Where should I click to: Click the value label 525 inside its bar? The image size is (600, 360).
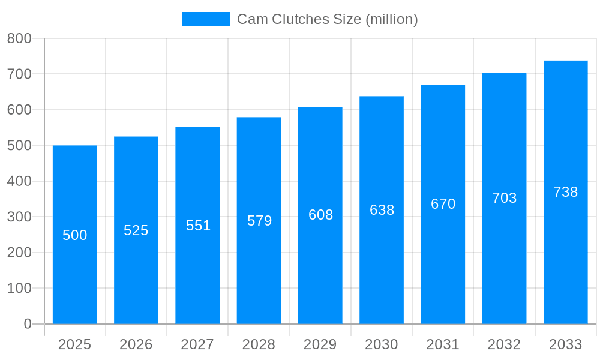tap(136, 230)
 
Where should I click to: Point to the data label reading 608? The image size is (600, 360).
tap(320, 215)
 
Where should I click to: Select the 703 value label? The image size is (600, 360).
tap(504, 198)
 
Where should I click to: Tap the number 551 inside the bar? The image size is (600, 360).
tap(198, 226)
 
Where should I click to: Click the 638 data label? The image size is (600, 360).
tap(382, 210)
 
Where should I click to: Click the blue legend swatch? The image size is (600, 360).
tap(205, 19)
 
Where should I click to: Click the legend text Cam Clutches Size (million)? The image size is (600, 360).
tap(327, 19)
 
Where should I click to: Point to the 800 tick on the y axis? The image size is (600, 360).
tap(19, 38)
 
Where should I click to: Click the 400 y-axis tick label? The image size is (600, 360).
tap(19, 181)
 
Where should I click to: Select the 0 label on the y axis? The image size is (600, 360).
tap(27, 324)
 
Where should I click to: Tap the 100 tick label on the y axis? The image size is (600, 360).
tap(19, 288)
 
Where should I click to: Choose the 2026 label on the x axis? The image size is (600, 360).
tap(136, 344)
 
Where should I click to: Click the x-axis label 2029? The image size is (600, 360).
tap(320, 344)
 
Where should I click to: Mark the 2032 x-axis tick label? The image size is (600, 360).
tap(504, 344)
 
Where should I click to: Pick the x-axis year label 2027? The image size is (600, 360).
tap(197, 344)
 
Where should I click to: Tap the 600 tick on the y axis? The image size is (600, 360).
tap(19, 110)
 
